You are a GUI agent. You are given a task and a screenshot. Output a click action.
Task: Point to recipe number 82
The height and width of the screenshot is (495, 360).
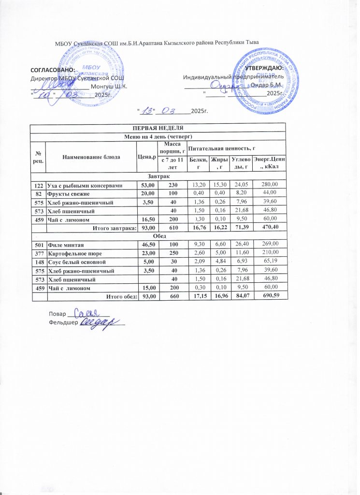click(x=38, y=193)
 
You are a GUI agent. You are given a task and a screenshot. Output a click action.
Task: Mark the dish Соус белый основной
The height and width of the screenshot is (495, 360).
click(x=75, y=262)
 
